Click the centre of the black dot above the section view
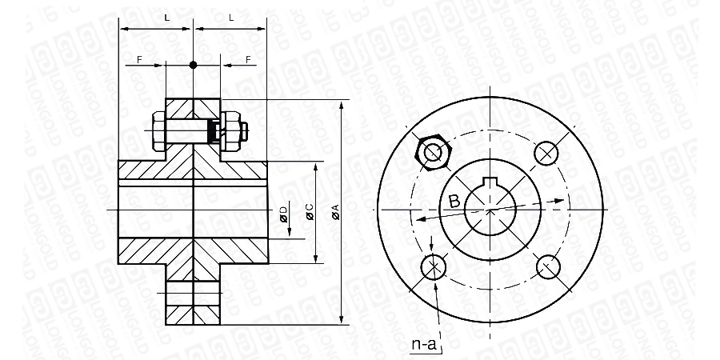pos(193,65)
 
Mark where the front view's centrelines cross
pos(490,210)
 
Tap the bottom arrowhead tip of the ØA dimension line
pos(341,324)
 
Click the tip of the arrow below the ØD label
pos(290,236)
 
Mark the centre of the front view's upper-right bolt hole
pos(546,154)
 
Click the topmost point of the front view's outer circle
pos(490,97)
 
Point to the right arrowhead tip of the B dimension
pos(564,200)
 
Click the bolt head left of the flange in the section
pos(158,131)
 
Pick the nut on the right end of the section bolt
pos(231,131)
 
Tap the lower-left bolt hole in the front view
pos(434,266)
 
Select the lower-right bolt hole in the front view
pos(548,266)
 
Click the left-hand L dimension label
pos(167,18)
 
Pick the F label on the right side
pos(249,60)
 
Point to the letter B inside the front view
pos(454,201)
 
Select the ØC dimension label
pos(310,212)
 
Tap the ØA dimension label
pos(336,212)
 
